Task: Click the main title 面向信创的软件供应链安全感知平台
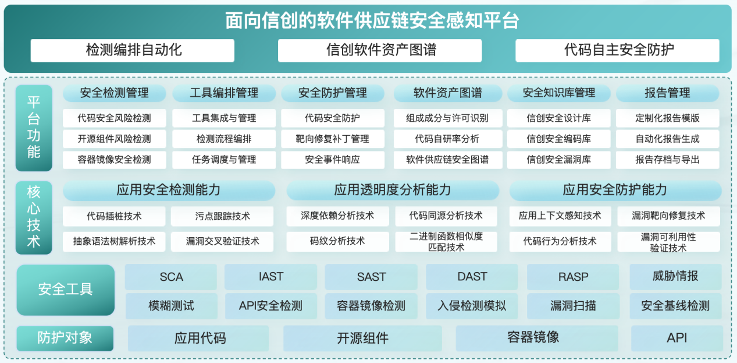(372, 20)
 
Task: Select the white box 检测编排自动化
(133, 51)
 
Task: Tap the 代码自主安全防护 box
(617, 51)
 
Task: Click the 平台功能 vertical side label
(34, 128)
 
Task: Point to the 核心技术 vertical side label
(34, 217)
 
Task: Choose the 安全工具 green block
(66, 290)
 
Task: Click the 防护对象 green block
(65, 338)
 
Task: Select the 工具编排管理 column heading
(224, 93)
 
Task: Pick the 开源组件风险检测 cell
(114, 139)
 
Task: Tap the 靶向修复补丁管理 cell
(333, 139)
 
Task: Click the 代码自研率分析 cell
(447, 139)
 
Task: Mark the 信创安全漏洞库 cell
(558, 160)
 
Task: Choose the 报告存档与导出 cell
(668, 160)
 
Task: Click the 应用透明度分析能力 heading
(393, 190)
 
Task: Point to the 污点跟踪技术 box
(222, 216)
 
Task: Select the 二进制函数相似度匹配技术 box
(446, 241)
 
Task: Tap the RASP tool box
(573, 277)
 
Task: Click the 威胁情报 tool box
(675, 277)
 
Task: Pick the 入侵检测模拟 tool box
(472, 306)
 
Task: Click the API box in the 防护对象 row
(677, 338)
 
